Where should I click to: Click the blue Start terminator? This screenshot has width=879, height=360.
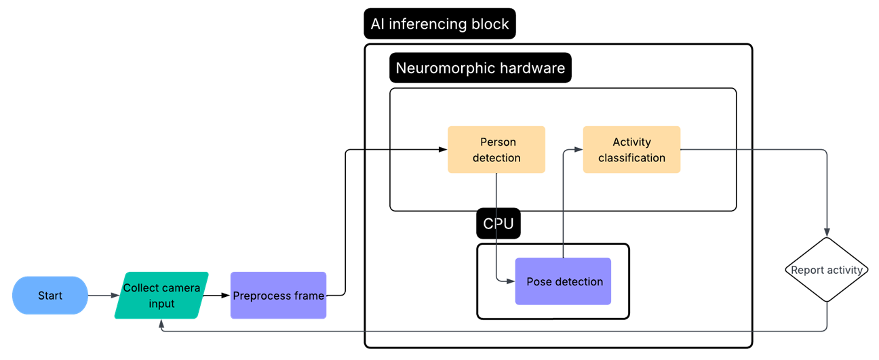50,296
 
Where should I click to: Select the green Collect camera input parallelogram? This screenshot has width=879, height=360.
161,296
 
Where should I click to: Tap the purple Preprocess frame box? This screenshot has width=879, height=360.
278,296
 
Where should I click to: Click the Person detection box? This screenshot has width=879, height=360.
496,150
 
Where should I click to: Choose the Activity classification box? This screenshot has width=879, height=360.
631,150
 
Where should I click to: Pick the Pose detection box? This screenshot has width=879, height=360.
563,281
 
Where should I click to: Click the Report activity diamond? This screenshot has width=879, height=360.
827,270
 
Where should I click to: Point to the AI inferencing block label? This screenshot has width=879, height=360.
439,24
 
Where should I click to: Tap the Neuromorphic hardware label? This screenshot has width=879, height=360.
480,68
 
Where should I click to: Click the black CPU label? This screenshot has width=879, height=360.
498,224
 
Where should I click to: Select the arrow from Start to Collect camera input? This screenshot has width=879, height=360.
102,296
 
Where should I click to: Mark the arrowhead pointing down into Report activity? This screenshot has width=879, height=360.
827,233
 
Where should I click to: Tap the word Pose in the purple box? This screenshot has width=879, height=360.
539,281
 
